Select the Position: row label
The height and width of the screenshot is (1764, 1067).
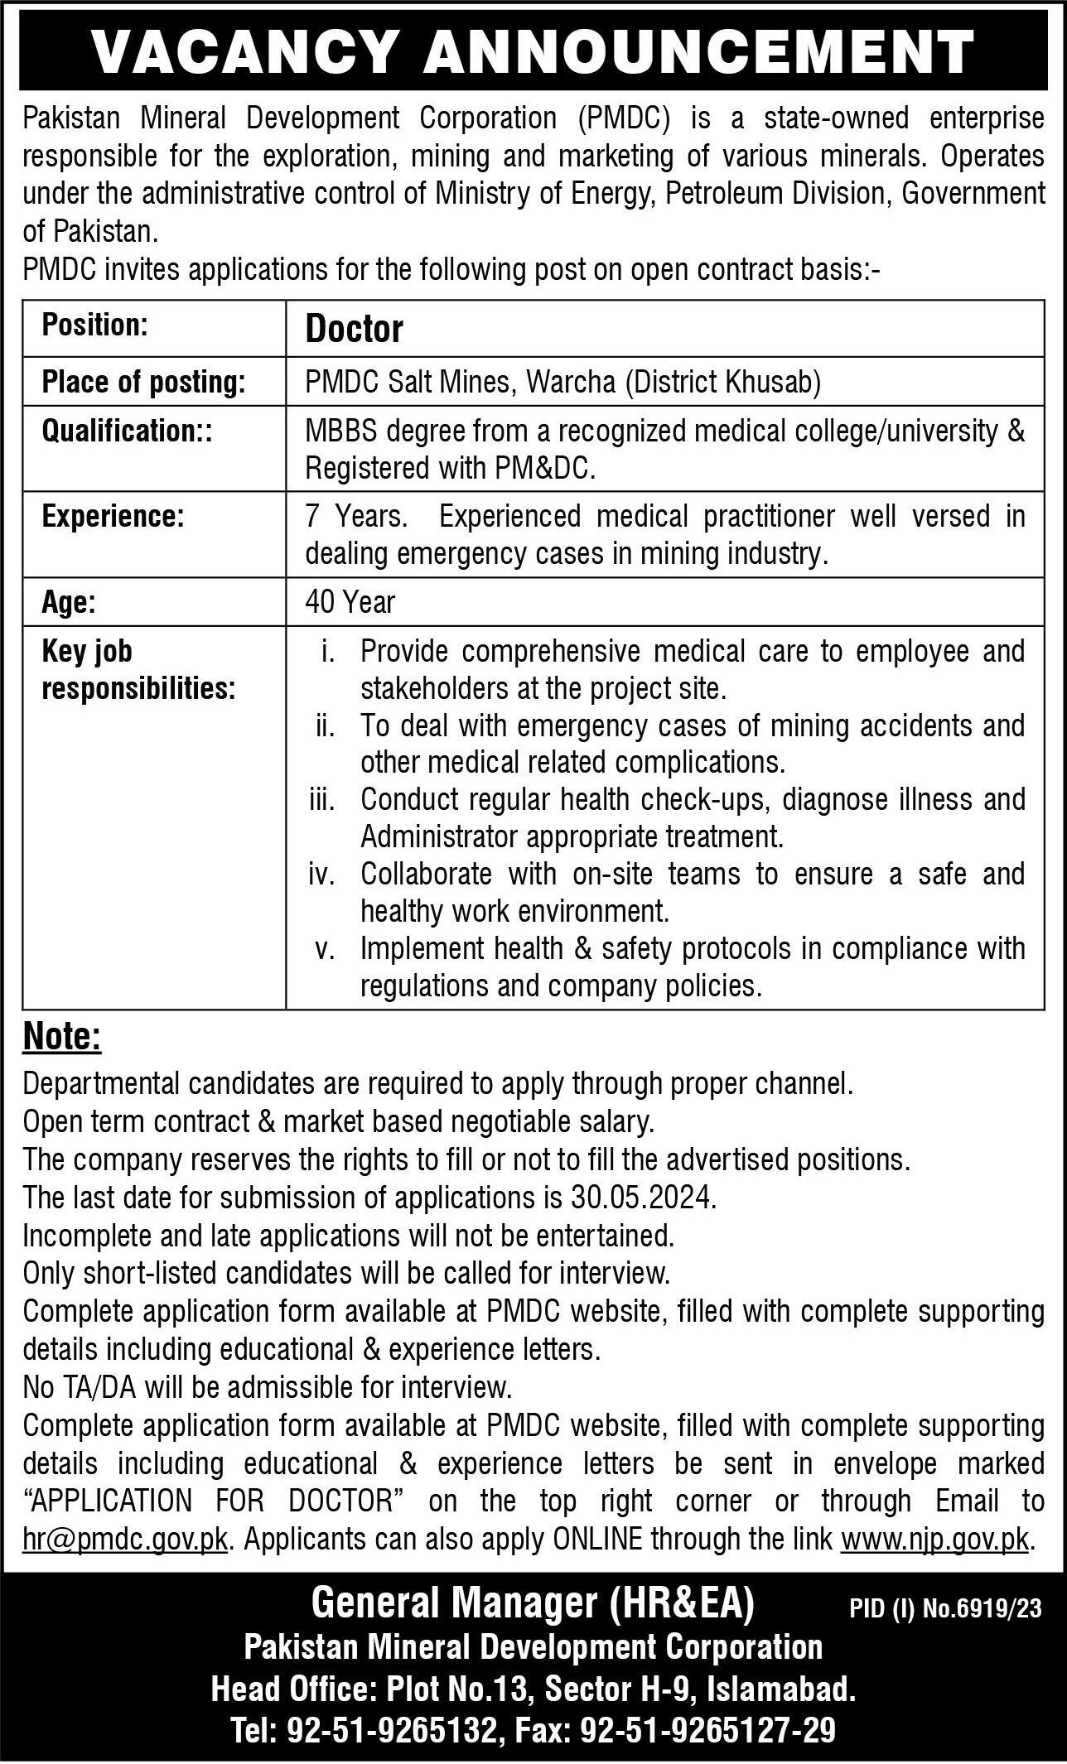(94, 325)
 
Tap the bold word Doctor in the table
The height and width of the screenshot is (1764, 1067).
(354, 330)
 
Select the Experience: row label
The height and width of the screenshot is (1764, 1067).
(112, 516)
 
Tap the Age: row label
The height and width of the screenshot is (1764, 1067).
(69, 602)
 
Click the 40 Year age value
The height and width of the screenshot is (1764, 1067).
(350, 602)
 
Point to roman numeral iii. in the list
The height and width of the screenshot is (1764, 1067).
(321, 800)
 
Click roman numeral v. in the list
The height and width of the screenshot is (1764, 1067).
(325, 949)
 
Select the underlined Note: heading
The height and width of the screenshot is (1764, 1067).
(62, 1037)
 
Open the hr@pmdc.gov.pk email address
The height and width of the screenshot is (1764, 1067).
(125, 1540)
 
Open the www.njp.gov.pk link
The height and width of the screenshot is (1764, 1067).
(935, 1540)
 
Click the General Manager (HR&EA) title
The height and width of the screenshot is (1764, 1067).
(533, 1604)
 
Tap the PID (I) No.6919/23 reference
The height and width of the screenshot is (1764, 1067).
(945, 1608)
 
